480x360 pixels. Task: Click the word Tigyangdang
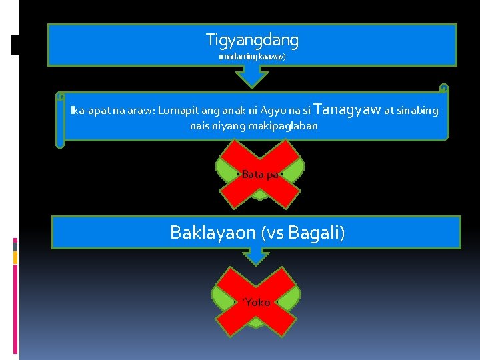pos(252,41)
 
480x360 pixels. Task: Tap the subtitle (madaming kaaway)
pos(252,57)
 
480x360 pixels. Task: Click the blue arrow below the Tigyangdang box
pos(252,77)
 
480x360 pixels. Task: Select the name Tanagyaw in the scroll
pos(347,109)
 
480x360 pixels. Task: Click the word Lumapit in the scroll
pos(180,111)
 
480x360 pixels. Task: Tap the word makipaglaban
pos(283,125)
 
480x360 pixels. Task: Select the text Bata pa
pos(260,175)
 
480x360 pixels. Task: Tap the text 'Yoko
pos(256,303)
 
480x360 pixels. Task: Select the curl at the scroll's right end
pos(444,88)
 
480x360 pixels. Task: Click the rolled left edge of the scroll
pos(60,119)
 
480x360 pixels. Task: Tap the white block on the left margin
pos(15,45)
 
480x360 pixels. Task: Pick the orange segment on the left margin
pos(15,257)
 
